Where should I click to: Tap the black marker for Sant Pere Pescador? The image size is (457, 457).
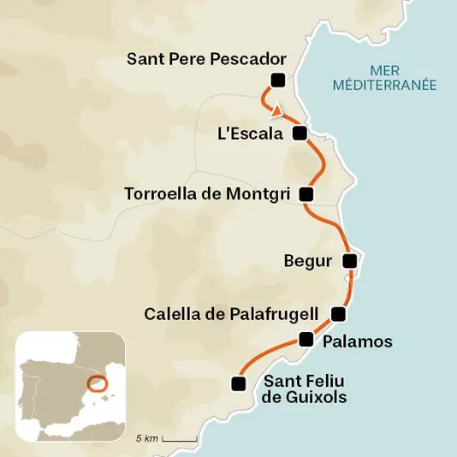(x=276, y=80)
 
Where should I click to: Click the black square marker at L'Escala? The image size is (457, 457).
(x=300, y=133)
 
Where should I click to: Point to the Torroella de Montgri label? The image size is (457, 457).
(x=207, y=193)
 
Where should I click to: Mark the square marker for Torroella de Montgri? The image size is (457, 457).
(x=306, y=194)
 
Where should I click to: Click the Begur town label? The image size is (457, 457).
(x=307, y=261)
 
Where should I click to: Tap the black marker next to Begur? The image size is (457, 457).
(x=349, y=260)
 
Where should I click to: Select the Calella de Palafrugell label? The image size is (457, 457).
(x=231, y=313)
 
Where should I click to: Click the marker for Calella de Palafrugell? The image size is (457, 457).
(x=339, y=313)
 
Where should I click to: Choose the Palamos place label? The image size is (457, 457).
(x=358, y=341)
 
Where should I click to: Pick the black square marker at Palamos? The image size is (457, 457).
(x=306, y=340)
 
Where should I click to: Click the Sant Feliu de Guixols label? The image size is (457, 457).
(x=305, y=389)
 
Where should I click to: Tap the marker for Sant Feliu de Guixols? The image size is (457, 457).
(x=239, y=383)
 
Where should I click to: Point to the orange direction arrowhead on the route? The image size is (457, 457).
(x=275, y=110)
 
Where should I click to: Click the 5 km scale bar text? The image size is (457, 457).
(x=146, y=438)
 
